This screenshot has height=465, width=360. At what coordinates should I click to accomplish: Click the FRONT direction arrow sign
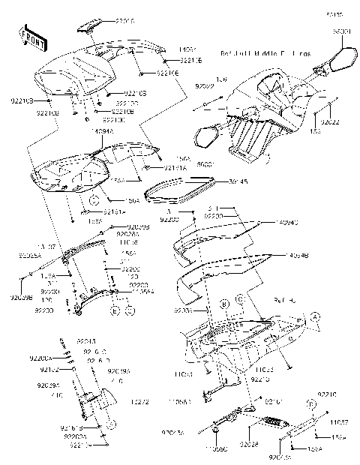29,38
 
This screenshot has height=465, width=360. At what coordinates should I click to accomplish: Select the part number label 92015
125,22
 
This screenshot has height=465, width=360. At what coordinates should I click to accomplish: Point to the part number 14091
187,49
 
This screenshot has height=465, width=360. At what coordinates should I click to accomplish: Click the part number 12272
142,403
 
